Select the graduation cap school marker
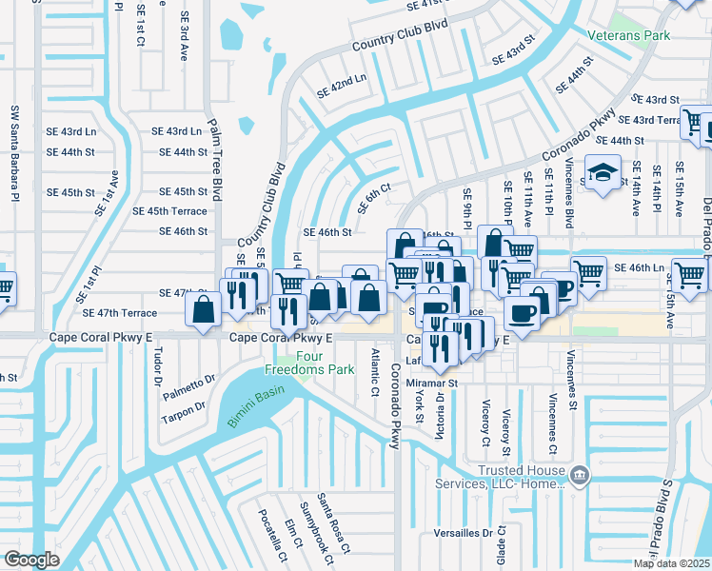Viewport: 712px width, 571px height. (x=603, y=173)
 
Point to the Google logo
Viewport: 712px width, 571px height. (x=31, y=560)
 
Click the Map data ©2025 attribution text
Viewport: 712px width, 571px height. (x=671, y=563)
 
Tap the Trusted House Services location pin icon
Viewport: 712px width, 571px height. (x=578, y=473)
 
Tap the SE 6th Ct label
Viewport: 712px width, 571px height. (x=374, y=199)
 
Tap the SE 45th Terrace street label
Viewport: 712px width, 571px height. (x=169, y=211)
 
